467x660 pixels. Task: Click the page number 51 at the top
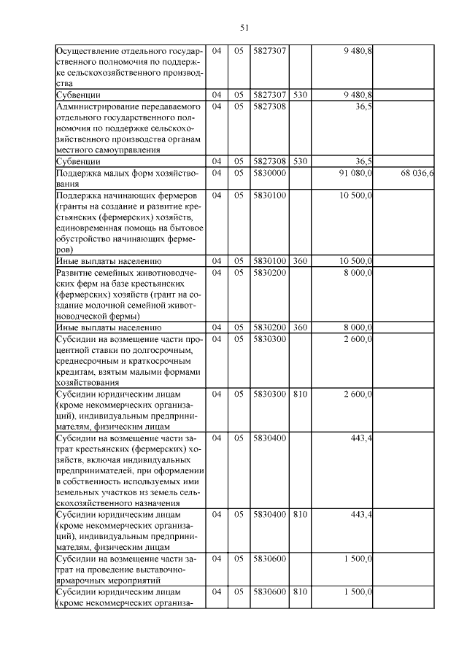tap(244, 28)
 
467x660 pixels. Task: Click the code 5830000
tap(269, 174)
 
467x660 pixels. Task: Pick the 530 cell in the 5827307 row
tap(300, 95)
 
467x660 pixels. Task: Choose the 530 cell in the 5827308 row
tap(300, 160)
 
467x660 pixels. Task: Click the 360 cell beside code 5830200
tap(300, 327)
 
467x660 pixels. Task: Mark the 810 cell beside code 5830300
tap(300, 394)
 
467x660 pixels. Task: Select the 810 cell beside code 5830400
tap(300, 514)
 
